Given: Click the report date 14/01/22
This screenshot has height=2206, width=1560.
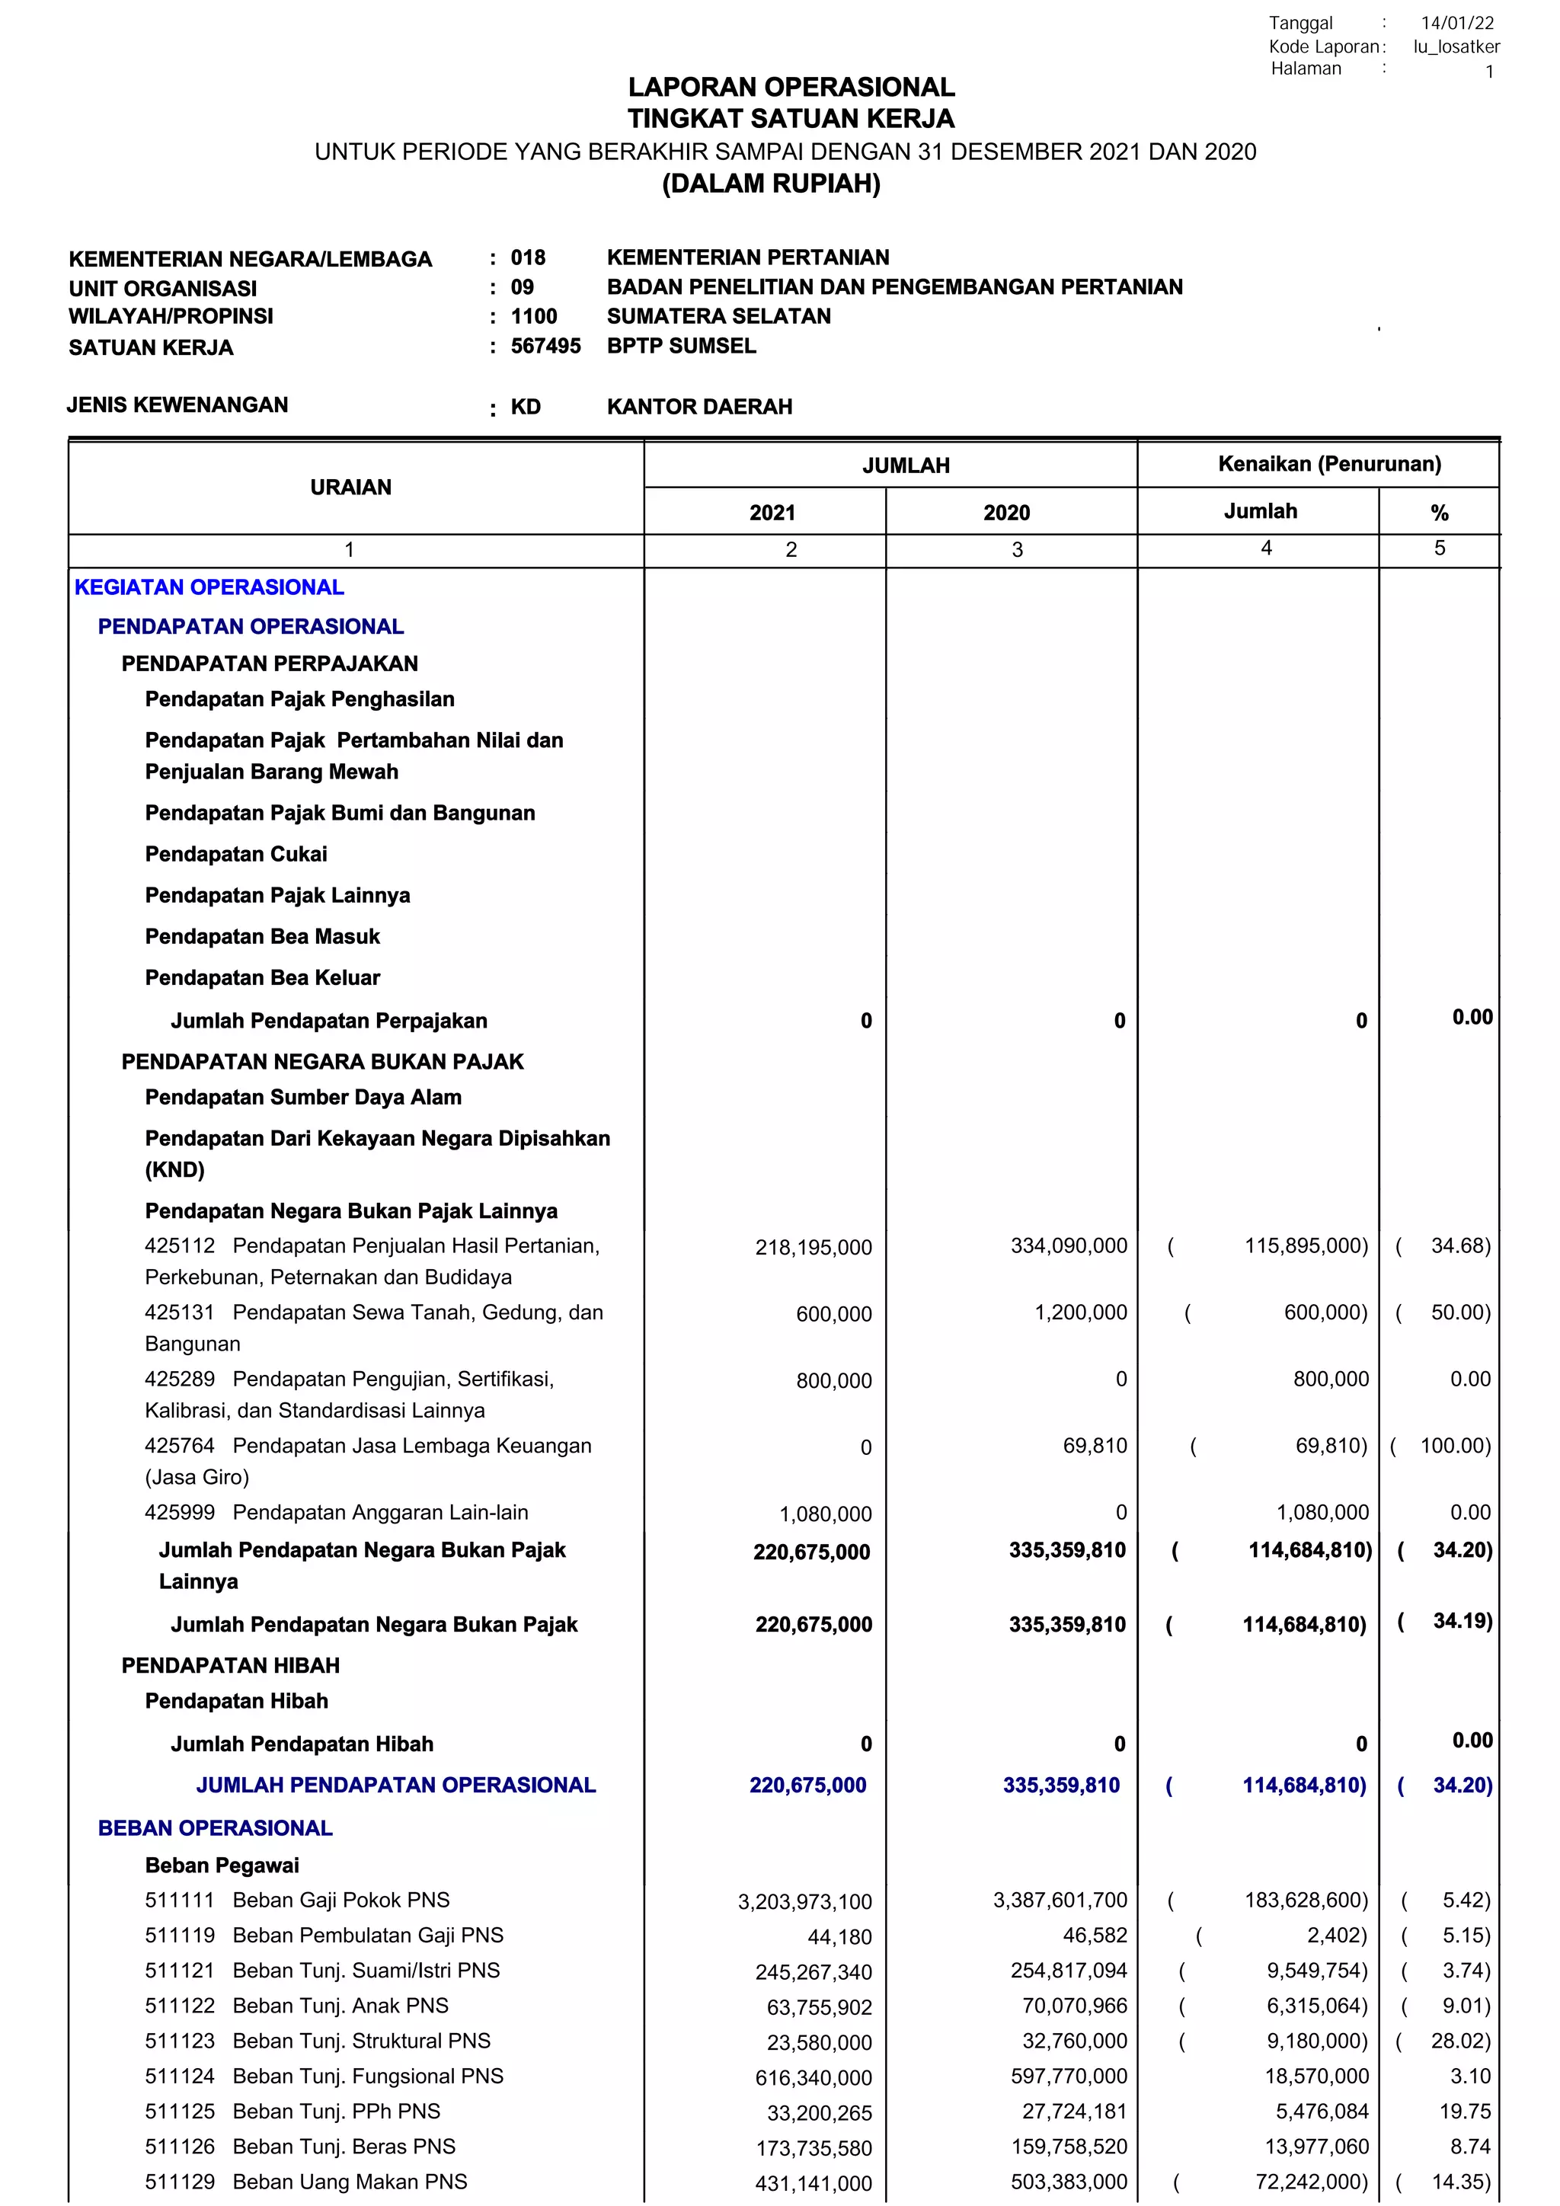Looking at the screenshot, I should (x=1457, y=23).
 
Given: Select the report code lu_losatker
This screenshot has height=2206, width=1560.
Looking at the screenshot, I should (x=1456, y=46).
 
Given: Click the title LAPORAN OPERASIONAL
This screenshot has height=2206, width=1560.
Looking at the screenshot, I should (x=791, y=88).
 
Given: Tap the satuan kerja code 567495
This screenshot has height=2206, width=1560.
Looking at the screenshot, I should (x=545, y=346).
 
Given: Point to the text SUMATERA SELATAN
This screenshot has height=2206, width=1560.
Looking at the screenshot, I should (x=718, y=316).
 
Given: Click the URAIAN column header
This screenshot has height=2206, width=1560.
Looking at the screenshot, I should (x=350, y=487).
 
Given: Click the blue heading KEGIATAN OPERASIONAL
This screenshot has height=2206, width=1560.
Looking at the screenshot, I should (x=209, y=587).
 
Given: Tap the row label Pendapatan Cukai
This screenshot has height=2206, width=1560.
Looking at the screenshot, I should (x=235, y=854).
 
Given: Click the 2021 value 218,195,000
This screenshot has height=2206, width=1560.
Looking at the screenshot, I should (x=813, y=1247).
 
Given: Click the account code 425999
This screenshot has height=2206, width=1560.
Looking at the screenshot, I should (x=180, y=1512).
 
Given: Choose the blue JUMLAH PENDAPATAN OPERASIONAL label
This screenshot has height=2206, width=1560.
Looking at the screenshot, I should (x=396, y=1786).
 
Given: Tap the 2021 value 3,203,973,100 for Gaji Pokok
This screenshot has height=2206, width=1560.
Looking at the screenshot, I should (x=804, y=1901).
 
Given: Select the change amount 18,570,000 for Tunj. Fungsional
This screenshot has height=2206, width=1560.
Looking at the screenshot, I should (x=1316, y=2077).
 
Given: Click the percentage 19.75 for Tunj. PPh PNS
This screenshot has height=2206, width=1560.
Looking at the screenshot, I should (x=1469, y=2111).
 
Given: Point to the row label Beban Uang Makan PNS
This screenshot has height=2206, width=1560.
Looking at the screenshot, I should (x=350, y=2181).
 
